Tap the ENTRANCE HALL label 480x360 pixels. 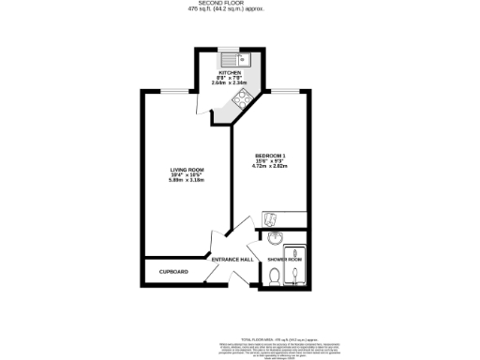click(232, 259)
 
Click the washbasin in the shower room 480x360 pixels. click(274, 237)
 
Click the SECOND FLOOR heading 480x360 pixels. click(239, 4)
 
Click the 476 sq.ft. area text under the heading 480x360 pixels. click(239, 9)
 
